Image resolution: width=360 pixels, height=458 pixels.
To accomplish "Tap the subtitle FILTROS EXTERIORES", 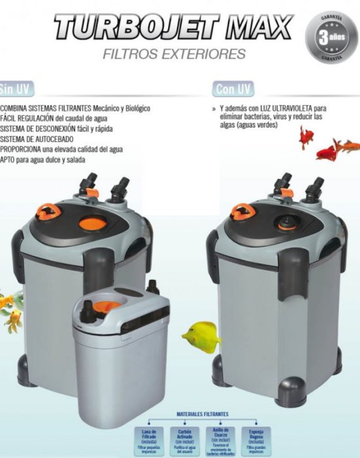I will (173, 54).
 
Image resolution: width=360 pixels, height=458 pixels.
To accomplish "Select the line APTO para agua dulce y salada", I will (43, 159).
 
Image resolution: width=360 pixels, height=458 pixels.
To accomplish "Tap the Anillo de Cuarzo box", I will (219, 440).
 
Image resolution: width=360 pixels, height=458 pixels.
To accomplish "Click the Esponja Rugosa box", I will (255, 440).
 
